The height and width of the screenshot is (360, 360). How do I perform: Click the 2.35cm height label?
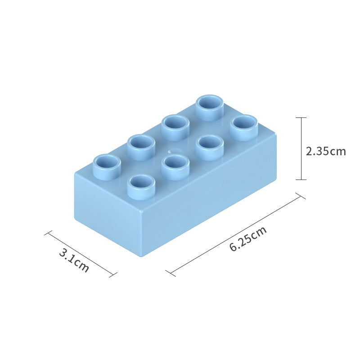point(326,151)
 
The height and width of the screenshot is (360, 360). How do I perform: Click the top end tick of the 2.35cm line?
point(301,117)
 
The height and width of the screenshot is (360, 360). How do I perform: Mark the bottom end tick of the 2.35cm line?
point(301,180)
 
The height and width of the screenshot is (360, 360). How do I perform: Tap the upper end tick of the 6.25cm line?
point(300,196)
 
